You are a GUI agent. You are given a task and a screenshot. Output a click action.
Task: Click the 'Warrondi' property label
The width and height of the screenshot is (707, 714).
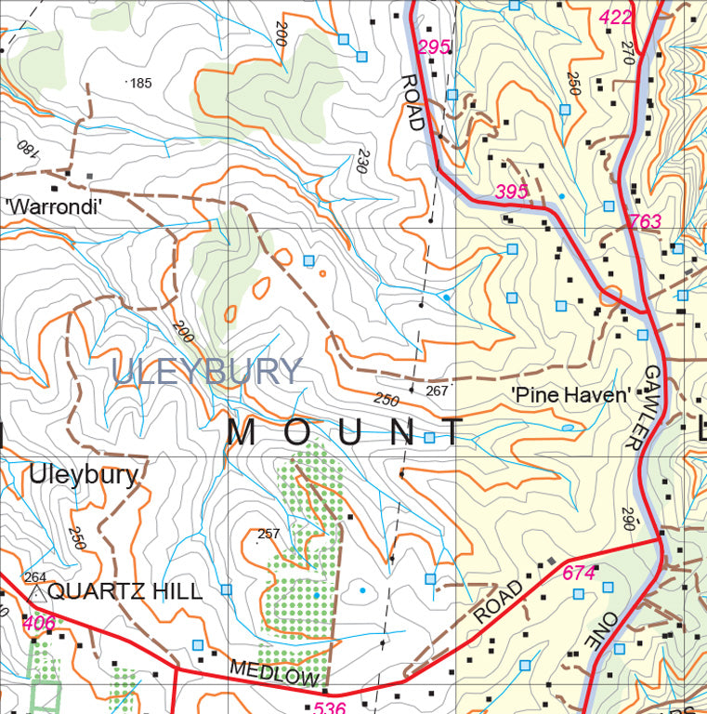[x=53, y=207]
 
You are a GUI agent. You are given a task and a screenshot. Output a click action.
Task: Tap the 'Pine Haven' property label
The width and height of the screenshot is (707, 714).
[x=570, y=395]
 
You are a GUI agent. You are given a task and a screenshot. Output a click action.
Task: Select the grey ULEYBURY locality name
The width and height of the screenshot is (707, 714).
[x=207, y=372]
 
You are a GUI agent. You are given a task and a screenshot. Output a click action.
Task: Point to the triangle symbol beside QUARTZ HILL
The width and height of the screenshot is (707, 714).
[x=36, y=592]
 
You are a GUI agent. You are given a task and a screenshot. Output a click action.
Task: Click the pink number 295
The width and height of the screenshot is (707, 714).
[x=434, y=47]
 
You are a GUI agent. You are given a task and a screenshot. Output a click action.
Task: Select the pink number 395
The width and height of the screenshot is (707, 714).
[x=511, y=192]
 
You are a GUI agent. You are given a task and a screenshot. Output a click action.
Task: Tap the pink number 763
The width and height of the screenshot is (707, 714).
[x=645, y=221]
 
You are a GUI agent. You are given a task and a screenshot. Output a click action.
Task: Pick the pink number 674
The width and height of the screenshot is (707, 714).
[x=579, y=574]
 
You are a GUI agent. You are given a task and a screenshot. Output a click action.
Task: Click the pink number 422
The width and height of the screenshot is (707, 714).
[x=616, y=17]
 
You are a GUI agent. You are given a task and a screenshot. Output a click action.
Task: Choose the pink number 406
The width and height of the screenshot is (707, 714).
[x=39, y=622]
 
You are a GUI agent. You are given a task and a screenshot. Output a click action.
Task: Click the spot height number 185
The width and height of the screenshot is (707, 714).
[x=140, y=83]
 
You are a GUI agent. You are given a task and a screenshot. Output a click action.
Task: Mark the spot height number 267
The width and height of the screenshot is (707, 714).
[x=437, y=391]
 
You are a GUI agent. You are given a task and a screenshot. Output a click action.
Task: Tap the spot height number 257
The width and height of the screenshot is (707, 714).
[x=268, y=534]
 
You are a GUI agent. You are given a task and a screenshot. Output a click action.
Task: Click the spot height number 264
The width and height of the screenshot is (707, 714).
[x=35, y=576]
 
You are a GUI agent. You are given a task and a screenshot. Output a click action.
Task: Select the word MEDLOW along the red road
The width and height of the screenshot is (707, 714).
[x=273, y=674]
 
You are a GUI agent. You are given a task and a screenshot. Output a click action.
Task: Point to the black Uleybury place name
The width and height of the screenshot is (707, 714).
[x=84, y=474]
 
